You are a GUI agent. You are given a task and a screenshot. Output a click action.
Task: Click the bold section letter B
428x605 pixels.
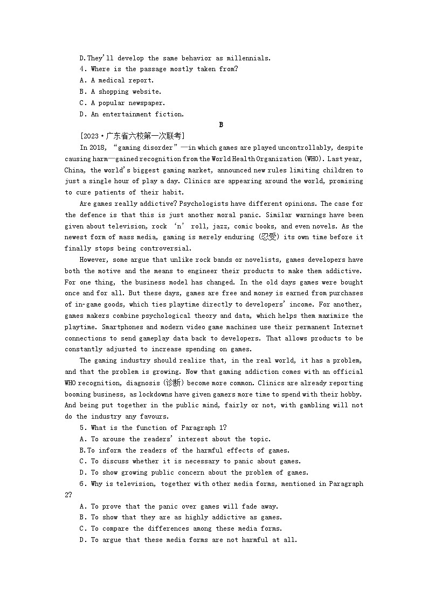(221, 125)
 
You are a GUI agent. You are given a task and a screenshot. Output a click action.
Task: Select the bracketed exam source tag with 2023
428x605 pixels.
(132, 136)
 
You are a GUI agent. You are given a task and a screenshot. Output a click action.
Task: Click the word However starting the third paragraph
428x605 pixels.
(95, 260)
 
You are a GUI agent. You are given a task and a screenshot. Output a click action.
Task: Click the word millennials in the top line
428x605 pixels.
(248, 58)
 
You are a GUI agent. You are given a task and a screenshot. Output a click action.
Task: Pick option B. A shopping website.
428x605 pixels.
(120, 92)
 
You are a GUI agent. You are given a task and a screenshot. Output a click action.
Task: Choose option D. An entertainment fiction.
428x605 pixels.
(132, 114)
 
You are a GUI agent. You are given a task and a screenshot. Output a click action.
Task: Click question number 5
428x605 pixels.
(82, 428)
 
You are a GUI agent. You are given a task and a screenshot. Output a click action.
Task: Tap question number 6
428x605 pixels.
(82, 484)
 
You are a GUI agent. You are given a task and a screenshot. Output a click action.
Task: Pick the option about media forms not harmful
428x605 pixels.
(188, 540)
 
